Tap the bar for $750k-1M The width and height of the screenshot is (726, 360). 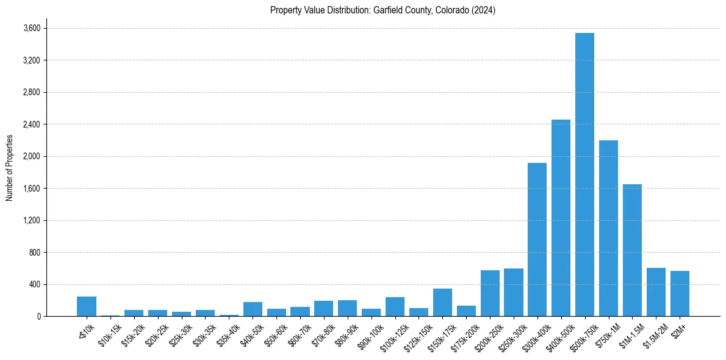[x=608, y=228]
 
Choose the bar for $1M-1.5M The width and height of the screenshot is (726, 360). [x=632, y=250]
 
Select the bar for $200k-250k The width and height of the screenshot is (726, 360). [x=490, y=293]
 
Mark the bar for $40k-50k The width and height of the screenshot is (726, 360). [x=253, y=309]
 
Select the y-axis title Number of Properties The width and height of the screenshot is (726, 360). [x=9, y=168]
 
